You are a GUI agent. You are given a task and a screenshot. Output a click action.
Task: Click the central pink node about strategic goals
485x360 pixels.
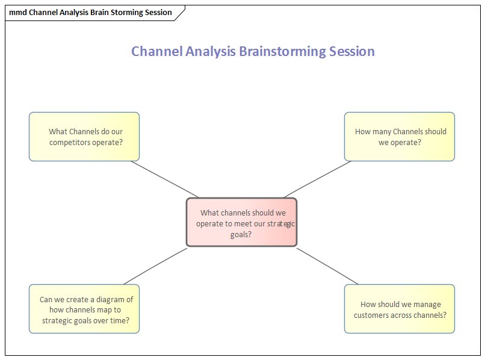click(241, 222)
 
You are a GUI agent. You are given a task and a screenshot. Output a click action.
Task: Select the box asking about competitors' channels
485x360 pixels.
click(84, 137)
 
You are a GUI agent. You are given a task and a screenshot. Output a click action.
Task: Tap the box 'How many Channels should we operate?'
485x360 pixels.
click(399, 137)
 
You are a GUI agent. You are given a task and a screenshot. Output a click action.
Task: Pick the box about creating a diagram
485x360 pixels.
click(84, 309)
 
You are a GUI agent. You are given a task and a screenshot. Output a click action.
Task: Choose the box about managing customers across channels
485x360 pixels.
click(399, 309)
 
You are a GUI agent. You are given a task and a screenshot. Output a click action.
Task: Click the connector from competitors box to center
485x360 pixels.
click(164, 179)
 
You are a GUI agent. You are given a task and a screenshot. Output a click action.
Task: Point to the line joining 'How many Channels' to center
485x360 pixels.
click(318, 179)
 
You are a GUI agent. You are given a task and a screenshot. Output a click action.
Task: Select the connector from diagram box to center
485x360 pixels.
click(155, 266)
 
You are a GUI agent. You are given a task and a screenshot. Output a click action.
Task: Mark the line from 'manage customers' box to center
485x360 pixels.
click(327, 266)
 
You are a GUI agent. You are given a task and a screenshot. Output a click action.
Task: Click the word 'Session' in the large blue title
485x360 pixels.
click(352, 52)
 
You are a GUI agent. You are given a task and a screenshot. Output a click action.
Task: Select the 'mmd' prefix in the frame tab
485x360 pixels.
click(17, 13)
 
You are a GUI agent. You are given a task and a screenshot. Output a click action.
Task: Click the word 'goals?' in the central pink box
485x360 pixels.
click(241, 234)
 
